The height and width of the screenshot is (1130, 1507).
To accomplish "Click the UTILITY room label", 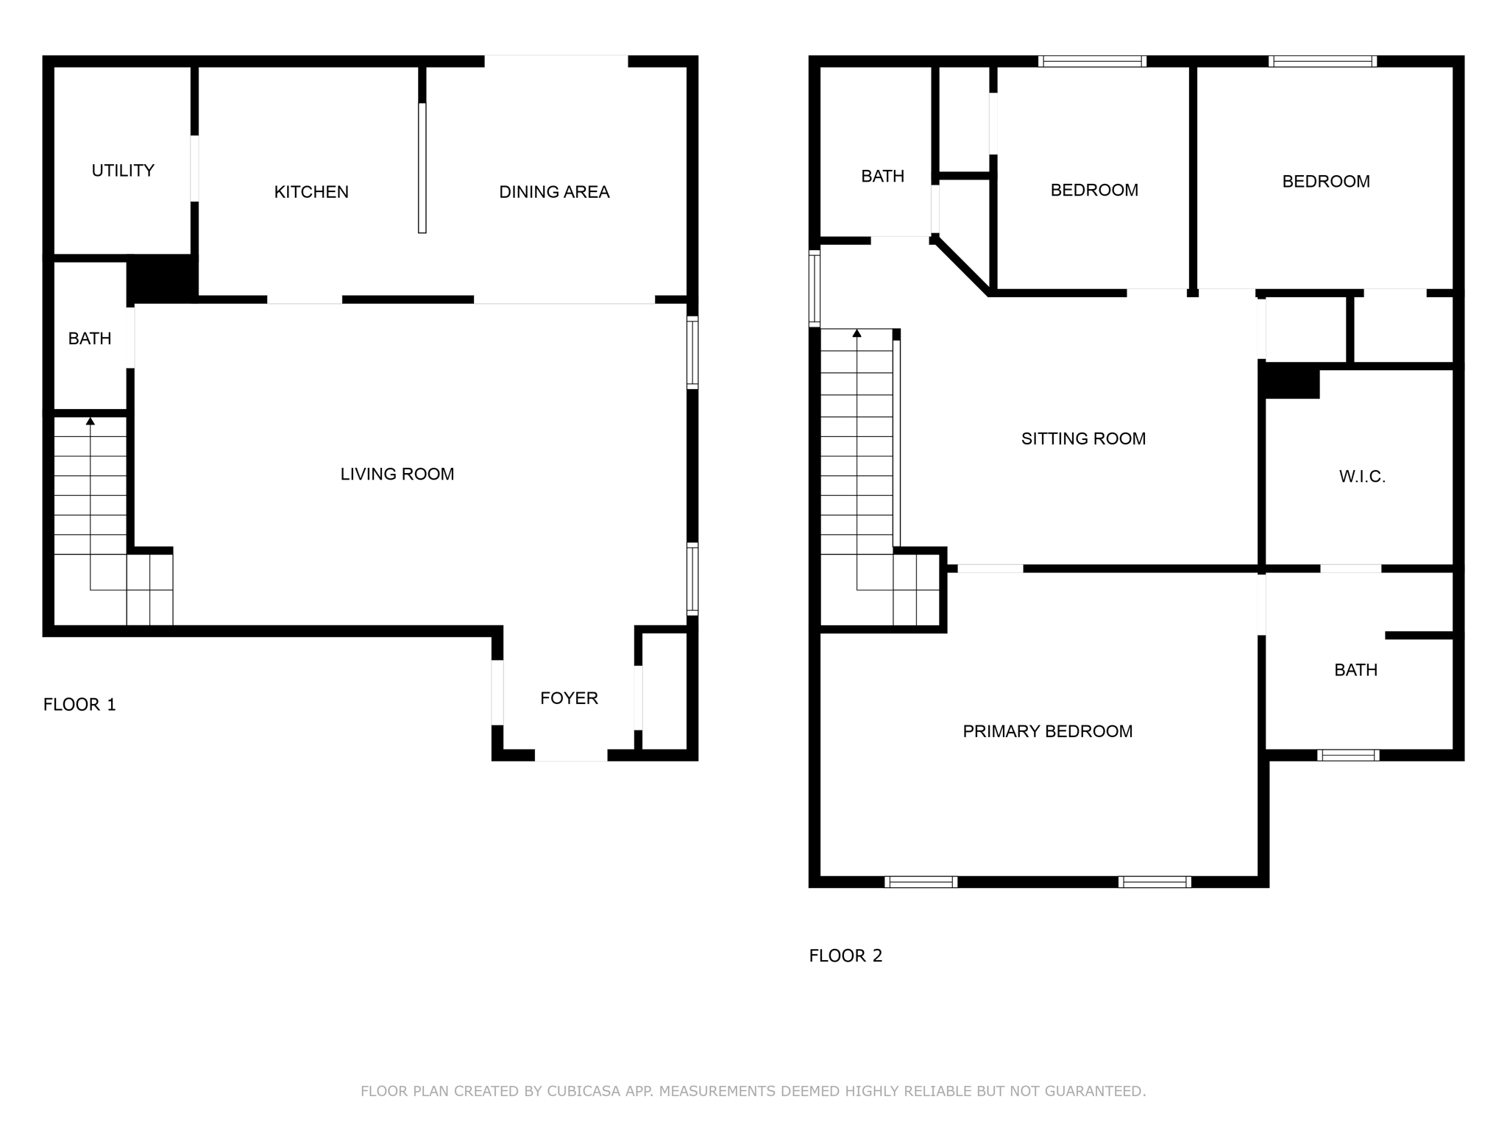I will tap(123, 171).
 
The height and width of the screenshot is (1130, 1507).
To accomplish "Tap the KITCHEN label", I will tap(311, 192).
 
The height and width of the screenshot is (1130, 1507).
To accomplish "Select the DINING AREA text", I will tap(554, 192).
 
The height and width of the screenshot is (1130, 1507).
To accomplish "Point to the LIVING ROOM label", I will tap(397, 475).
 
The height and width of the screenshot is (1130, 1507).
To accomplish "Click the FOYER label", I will tap(569, 698).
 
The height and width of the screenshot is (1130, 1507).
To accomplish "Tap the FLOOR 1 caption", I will tap(79, 705).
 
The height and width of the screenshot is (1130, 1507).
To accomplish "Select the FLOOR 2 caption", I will tap(845, 956).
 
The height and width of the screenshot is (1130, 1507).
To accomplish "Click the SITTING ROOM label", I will tap(1083, 439).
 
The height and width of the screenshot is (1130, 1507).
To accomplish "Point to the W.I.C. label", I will tap(1362, 477).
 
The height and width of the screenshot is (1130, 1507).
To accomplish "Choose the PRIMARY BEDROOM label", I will tap(1047, 731).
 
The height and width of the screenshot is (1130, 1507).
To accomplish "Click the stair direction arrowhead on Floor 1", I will tap(91, 422).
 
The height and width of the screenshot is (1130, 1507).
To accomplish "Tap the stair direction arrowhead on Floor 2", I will tap(857, 333).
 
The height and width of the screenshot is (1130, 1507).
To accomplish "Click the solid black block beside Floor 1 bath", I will tap(163, 278).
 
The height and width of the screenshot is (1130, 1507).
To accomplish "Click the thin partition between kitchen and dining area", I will tap(422, 168).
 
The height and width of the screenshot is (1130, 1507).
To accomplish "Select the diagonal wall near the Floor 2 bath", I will tap(962, 267).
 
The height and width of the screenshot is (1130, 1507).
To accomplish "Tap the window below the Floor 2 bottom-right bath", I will tap(1347, 755).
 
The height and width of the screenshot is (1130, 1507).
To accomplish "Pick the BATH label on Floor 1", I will tap(90, 338).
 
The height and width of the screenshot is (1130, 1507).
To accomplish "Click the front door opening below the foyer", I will tap(570, 756).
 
